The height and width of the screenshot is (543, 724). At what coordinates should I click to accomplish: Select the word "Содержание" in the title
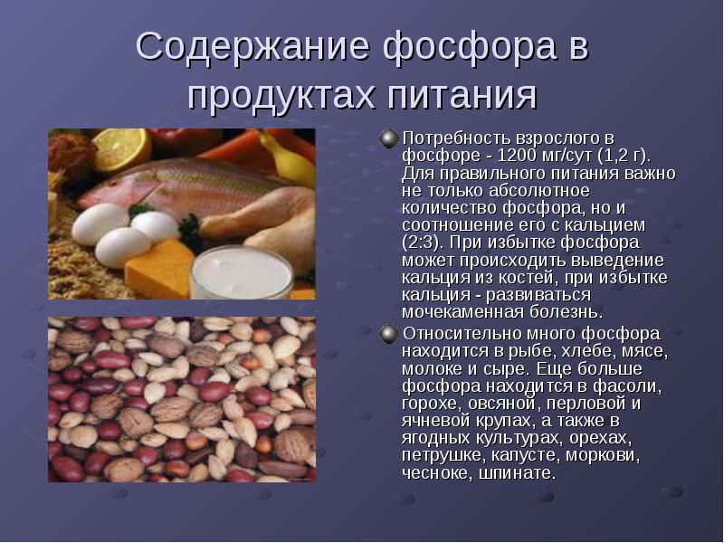[252, 46]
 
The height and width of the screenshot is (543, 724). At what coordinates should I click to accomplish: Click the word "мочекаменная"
[463, 312]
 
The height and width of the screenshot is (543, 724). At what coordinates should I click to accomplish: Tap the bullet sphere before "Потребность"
[389, 138]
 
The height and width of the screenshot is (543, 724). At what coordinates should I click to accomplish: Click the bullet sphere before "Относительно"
[389, 334]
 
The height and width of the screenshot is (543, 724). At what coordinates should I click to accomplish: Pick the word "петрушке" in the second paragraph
[442, 456]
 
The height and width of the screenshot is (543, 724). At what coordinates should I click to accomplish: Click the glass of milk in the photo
[242, 272]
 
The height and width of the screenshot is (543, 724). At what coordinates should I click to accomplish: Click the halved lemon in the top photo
[122, 148]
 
